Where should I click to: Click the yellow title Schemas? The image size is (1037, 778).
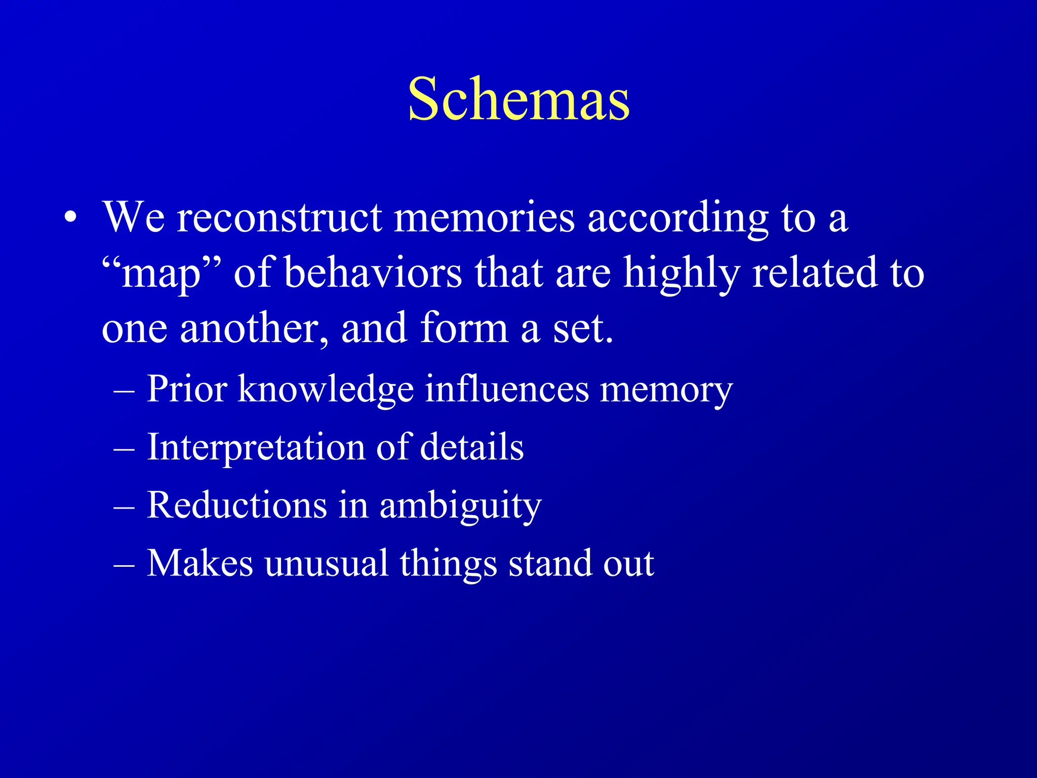pos(518,99)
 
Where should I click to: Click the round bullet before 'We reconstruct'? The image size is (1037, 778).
pos(71,218)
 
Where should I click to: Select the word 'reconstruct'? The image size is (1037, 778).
pos(279,218)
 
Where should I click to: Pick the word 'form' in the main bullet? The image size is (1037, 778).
pos(464,328)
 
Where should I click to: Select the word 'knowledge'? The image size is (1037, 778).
pos(326,390)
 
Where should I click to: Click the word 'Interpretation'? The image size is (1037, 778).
pos(255,448)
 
